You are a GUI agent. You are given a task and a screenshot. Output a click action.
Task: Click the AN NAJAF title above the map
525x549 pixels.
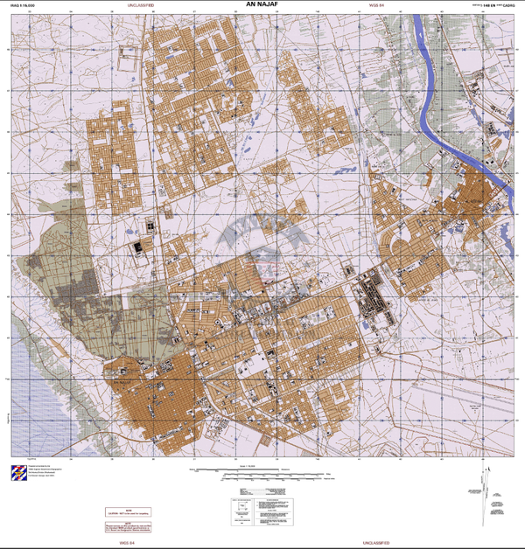tap(262, 6)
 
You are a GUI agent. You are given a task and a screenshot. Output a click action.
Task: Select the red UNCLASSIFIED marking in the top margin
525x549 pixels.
tap(140, 5)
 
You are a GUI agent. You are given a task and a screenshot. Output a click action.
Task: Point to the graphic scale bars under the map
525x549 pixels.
tap(262, 473)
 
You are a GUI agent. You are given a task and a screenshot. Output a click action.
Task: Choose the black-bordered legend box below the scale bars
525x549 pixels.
tap(262, 510)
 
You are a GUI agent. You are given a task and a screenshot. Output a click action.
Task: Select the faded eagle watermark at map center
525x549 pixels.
tap(262, 240)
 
